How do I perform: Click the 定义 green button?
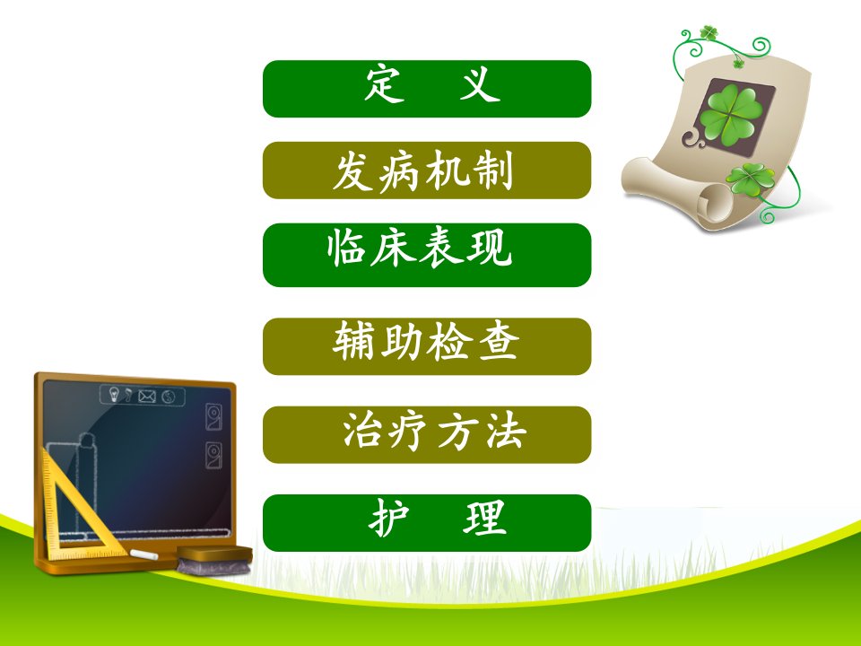coord(427,89)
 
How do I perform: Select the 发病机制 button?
coord(427,170)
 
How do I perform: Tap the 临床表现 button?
coord(427,255)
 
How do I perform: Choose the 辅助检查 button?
coord(427,346)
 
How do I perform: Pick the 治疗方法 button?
coord(427,434)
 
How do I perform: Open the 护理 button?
coord(427,522)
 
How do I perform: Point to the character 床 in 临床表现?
coord(394,249)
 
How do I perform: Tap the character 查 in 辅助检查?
coord(498,341)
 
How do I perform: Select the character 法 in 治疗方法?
coord(506,431)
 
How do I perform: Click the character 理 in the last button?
coord(484,518)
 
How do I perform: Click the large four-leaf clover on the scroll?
coord(731,114)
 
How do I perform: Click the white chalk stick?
coord(143,554)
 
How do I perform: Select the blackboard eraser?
coord(214,560)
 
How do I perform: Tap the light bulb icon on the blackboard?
coord(114,394)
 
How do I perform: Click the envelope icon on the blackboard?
coord(146,396)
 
